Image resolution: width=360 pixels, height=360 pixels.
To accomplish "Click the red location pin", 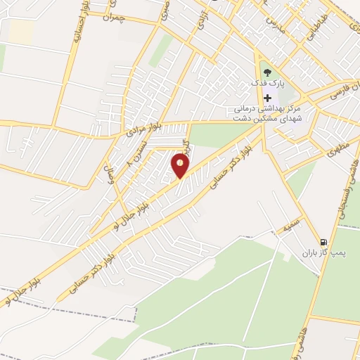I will tap(181, 166).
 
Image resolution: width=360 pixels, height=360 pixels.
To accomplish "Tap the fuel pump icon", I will tap(323, 240).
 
